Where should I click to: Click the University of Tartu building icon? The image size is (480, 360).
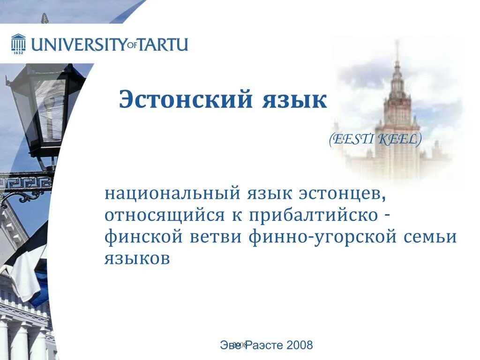(18, 43)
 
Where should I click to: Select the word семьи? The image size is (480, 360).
(430, 237)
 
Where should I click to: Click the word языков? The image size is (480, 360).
(136, 258)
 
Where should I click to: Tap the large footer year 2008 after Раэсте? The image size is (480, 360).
(300, 345)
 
